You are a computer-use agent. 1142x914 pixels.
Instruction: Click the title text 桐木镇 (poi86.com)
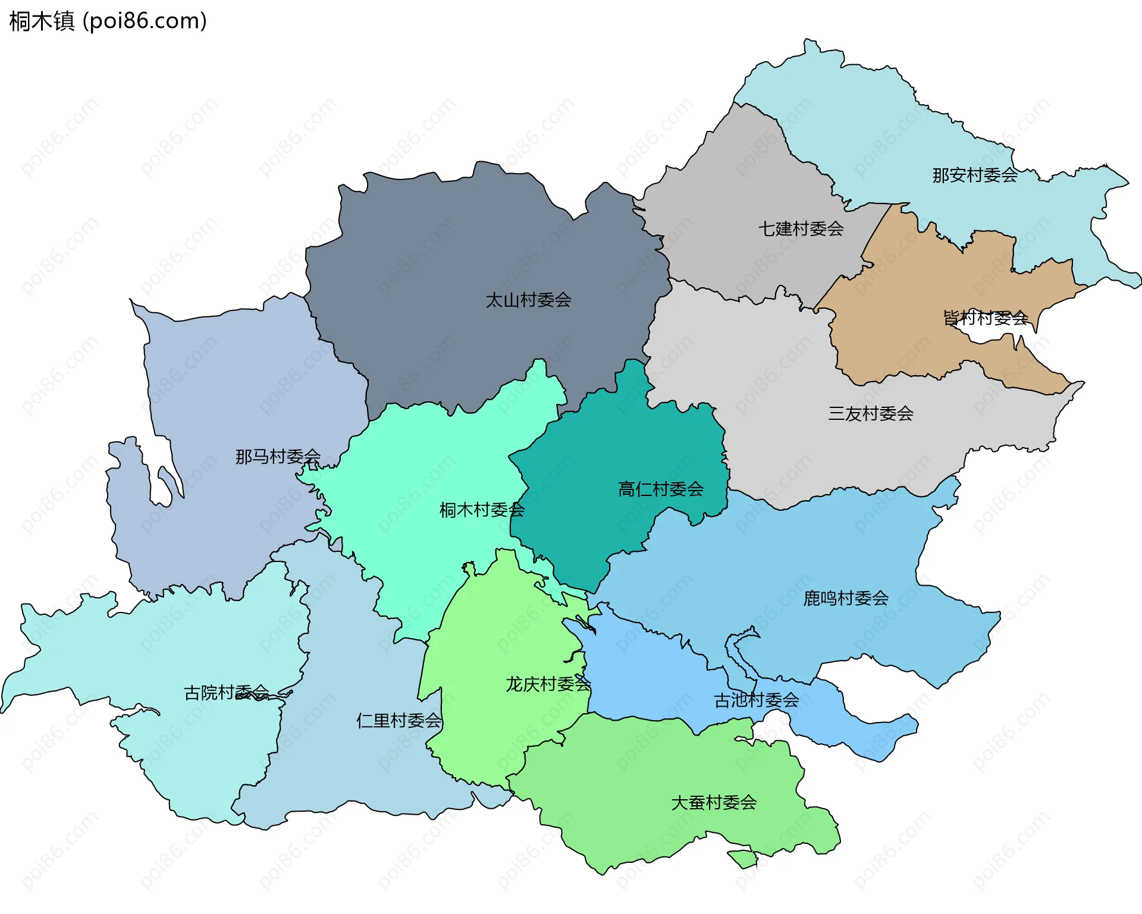(108, 21)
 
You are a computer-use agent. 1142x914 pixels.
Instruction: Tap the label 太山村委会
(528, 300)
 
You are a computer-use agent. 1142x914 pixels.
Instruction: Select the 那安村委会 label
(974, 175)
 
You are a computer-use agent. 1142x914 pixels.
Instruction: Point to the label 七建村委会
(801, 228)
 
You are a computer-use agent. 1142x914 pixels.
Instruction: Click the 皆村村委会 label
(986, 318)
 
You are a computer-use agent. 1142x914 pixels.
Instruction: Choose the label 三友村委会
(870, 413)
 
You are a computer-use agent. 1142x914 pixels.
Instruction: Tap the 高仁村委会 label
(660, 489)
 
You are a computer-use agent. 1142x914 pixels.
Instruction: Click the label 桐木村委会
(482, 510)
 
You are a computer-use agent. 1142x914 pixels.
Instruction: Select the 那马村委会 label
(278, 456)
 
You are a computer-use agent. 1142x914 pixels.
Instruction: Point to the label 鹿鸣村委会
(845, 598)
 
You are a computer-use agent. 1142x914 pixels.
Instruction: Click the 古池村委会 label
(756, 700)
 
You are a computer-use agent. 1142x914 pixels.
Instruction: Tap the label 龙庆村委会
(548, 684)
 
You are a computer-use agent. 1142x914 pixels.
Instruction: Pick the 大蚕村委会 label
(713, 802)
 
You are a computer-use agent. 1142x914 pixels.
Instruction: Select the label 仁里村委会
(399, 720)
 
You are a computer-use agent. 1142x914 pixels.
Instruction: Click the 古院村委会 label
(226, 692)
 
